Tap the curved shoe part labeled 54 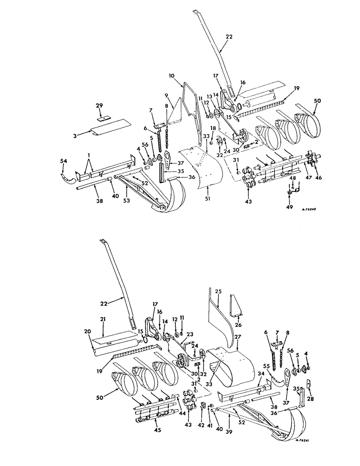click(67, 177)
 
